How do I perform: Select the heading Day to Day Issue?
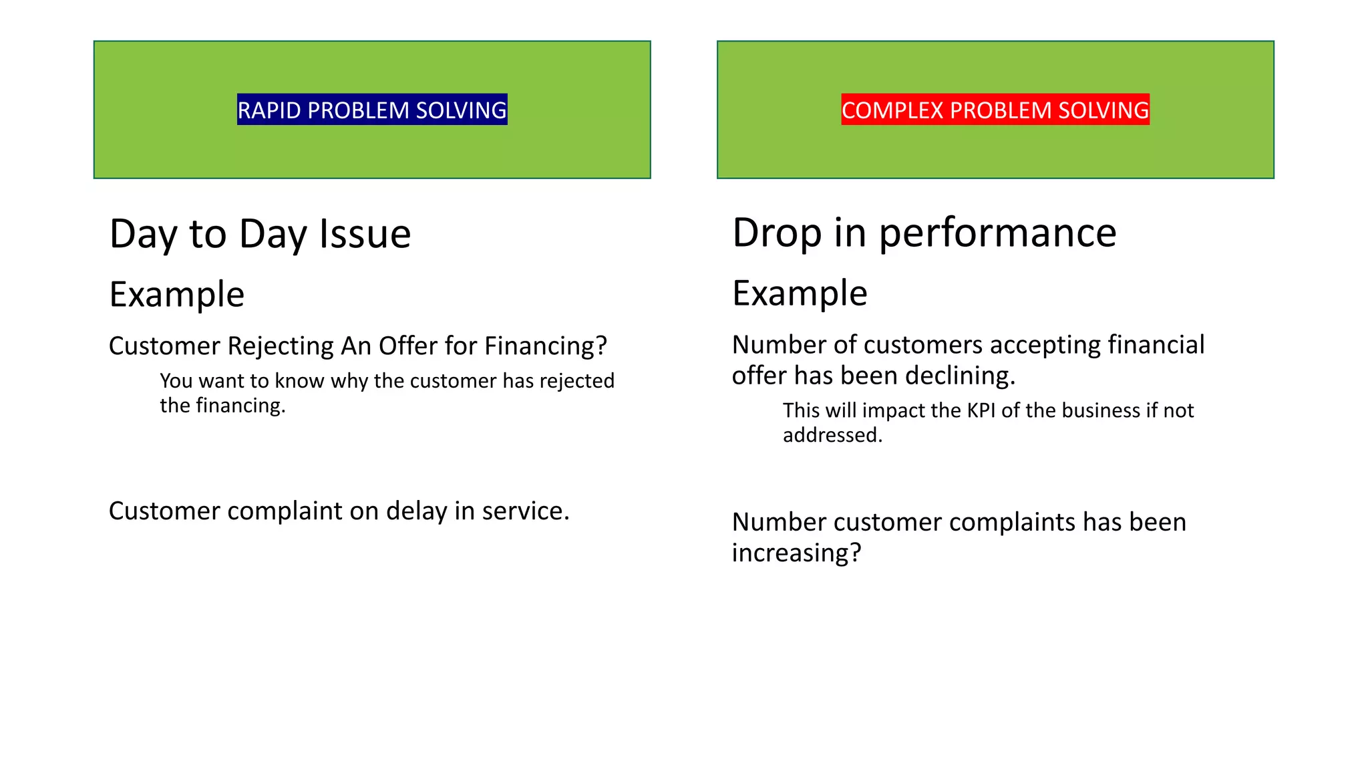[260, 234]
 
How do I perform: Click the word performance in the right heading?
[997, 233]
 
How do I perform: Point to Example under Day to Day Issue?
[177, 294]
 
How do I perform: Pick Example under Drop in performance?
[800, 293]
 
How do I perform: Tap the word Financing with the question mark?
[545, 346]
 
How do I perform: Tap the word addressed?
[832, 435]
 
